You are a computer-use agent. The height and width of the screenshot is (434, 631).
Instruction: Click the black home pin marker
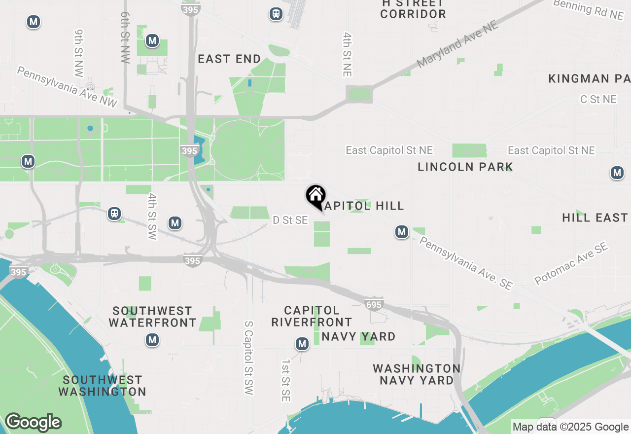click(315, 195)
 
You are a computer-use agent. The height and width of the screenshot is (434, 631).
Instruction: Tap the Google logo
click(33, 422)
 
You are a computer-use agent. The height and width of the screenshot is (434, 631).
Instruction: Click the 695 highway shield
click(374, 305)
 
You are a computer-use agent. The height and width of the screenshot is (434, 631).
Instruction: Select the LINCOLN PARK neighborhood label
click(465, 167)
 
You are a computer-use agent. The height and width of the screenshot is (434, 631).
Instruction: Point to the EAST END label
click(229, 59)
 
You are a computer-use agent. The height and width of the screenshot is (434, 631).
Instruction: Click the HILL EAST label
click(595, 217)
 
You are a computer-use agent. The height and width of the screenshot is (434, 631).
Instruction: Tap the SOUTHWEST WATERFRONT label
click(152, 317)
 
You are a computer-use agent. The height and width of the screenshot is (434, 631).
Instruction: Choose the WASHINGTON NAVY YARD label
click(417, 374)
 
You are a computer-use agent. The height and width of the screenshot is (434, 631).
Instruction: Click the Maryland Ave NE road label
click(457, 45)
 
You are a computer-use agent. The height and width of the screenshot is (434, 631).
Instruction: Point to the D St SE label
click(290, 220)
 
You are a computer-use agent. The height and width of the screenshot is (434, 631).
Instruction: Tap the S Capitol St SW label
click(248, 358)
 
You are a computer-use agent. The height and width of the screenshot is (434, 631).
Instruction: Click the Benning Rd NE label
click(588, 10)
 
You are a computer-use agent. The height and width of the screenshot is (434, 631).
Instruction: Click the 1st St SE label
click(286, 380)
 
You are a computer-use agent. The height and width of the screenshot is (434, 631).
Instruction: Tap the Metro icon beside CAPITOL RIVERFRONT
click(302, 344)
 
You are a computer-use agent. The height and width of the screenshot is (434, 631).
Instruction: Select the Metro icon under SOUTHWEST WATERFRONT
click(152, 340)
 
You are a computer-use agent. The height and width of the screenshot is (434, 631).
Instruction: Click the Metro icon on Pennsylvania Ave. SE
click(402, 232)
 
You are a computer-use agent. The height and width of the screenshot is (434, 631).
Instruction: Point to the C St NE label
click(598, 99)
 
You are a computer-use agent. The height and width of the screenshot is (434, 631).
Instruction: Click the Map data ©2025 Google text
click(570, 427)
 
